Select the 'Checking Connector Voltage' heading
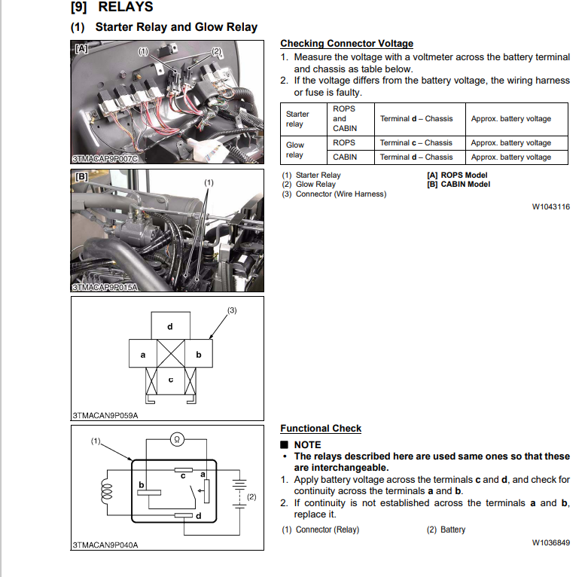346,44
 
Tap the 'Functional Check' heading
321,429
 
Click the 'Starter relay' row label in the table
297,119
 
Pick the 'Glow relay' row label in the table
295,150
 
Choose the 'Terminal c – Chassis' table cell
416,142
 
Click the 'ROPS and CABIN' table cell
344,118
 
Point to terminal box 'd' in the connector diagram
170,326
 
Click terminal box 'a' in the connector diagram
143,354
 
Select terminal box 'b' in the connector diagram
198,354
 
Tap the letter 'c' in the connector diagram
170,379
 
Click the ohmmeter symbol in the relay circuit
175,438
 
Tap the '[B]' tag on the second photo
81,176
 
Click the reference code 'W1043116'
550,207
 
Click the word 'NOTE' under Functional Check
307,445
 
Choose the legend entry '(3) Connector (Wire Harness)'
334,194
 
